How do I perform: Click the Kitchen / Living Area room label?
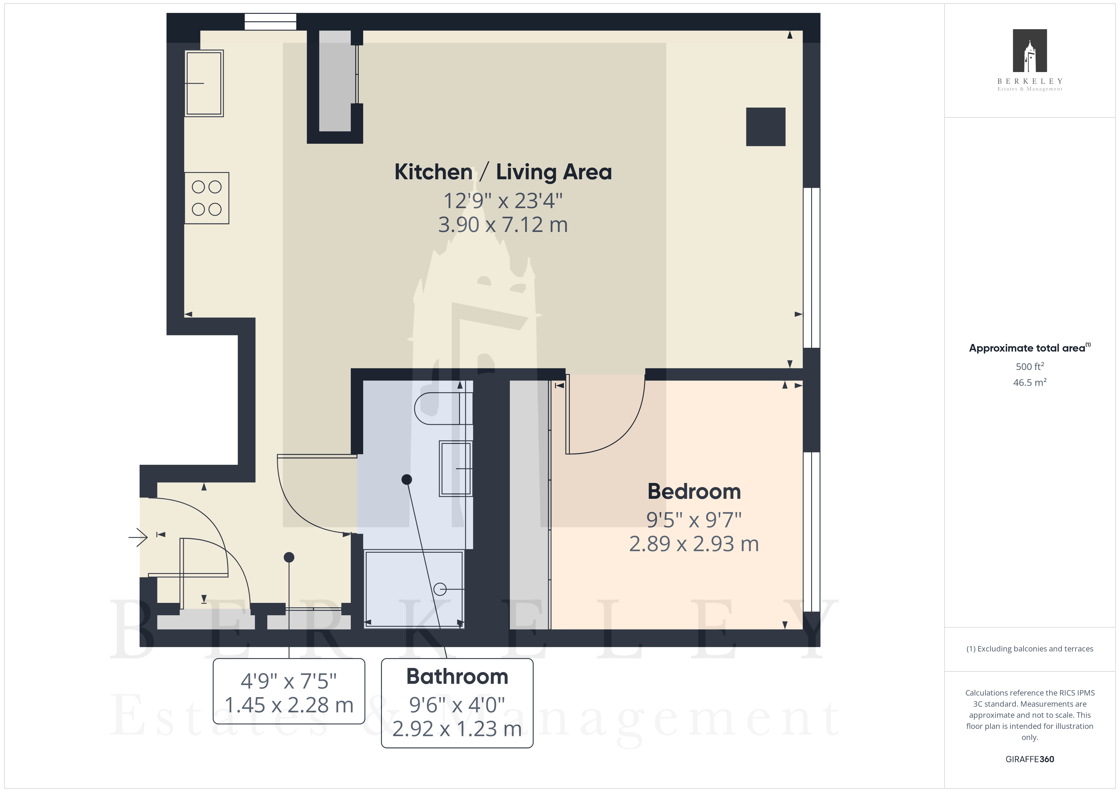click(503, 172)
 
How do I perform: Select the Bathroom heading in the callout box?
click(457, 676)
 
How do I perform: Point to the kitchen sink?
click(204, 83)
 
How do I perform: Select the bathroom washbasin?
click(456, 469)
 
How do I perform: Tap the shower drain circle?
click(440, 590)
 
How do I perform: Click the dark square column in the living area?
click(765, 127)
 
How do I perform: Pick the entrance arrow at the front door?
click(138, 538)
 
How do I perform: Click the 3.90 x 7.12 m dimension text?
click(503, 225)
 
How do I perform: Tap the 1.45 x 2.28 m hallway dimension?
click(289, 705)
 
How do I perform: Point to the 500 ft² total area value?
click(1030, 366)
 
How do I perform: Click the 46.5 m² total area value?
click(1030, 382)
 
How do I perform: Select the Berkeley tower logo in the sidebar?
click(1030, 51)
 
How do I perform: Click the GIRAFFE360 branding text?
click(1030, 759)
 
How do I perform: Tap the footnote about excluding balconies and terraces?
click(1030, 649)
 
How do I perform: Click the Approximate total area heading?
click(1029, 348)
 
